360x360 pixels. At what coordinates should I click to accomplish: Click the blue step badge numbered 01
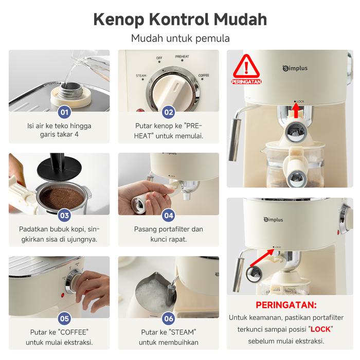(64, 112)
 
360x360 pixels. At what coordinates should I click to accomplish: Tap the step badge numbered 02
(169, 112)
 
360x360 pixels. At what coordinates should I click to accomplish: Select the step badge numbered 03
(64, 215)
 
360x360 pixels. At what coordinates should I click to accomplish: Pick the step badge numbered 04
(169, 215)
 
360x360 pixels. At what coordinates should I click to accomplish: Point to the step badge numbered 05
(64, 318)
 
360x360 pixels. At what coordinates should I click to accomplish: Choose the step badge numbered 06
(169, 318)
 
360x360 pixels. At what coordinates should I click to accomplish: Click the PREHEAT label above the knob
(182, 57)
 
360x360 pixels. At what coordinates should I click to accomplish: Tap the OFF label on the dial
(159, 58)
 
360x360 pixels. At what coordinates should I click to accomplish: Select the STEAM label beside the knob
(141, 76)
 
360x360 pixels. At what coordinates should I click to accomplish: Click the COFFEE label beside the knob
(204, 75)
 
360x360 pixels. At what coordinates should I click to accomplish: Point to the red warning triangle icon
(246, 66)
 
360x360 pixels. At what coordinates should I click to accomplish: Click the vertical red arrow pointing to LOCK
(296, 110)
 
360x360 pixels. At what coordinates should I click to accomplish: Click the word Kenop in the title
(118, 20)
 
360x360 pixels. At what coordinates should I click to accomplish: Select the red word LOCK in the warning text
(320, 329)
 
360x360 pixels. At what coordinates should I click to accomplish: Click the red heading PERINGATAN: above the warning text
(286, 305)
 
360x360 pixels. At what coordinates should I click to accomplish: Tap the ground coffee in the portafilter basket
(61, 198)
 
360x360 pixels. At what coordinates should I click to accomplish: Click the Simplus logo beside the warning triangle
(295, 68)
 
